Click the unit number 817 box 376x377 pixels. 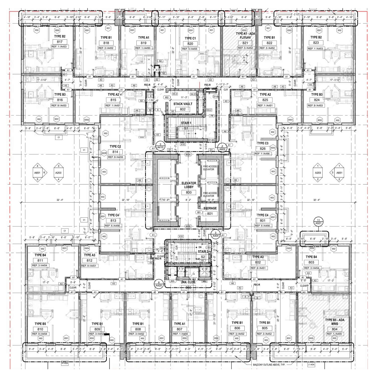click(60, 42)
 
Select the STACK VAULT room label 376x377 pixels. click(183, 104)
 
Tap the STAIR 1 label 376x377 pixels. click(186, 123)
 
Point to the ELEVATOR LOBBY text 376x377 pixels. click(189, 185)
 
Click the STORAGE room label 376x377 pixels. click(210, 208)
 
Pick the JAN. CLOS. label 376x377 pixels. click(188, 282)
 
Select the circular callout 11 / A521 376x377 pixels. click(318, 222)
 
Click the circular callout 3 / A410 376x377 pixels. click(160, 146)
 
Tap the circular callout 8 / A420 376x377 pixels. click(159, 284)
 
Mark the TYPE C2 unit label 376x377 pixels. click(115, 146)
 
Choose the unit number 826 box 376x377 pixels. click(262, 149)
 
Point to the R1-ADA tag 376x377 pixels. click(65, 363)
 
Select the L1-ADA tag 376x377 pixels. click(311, 365)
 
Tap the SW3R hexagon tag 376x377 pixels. click(104, 153)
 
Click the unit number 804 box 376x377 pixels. click(334, 329)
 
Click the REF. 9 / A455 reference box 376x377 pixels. click(115, 157)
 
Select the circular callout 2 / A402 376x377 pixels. click(222, 148)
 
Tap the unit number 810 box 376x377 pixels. click(40, 329)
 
